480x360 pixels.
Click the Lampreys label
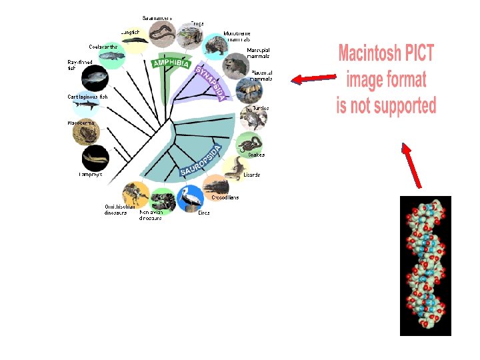tap(90, 175)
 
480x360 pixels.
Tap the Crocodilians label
tap(225, 197)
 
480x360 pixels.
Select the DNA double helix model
tap(425, 265)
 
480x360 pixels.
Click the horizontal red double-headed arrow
tap(313, 79)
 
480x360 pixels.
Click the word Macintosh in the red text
tap(386, 53)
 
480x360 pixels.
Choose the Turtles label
tap(261, 108)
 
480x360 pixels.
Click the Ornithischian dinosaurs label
tap(121, 210)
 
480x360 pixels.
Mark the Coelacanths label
tap(103, 47)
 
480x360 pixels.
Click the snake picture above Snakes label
tap(250, 143)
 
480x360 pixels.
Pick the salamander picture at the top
tap(162, 32)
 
